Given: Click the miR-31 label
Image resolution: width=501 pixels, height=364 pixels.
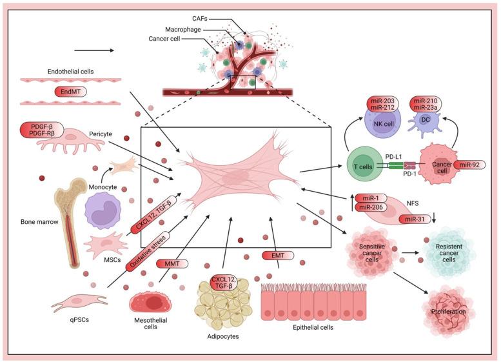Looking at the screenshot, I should click(415, 219).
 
